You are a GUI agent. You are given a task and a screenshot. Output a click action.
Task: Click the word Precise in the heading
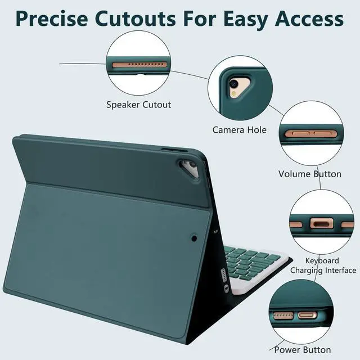51,19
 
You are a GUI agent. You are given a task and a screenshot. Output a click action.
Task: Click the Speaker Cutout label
139,105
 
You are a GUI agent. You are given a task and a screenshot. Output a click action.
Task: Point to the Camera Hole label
239,130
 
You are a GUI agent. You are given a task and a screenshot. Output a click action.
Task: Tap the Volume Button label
310,174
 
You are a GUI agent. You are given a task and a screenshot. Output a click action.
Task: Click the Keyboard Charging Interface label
322,265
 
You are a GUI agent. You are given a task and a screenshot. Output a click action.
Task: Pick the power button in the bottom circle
307,315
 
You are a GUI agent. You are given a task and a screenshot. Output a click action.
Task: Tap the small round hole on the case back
194,238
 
